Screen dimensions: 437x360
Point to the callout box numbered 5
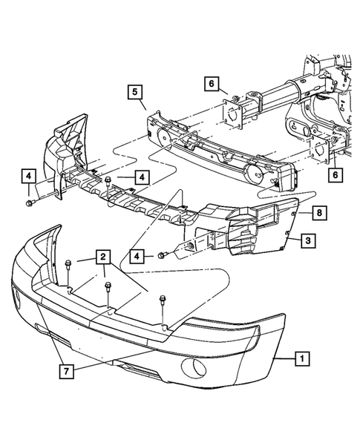coord(134,91)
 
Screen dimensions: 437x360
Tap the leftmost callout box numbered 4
coord(27,177)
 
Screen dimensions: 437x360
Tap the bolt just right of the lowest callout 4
coord(160,256)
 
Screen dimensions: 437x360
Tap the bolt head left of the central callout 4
coord(108,181)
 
